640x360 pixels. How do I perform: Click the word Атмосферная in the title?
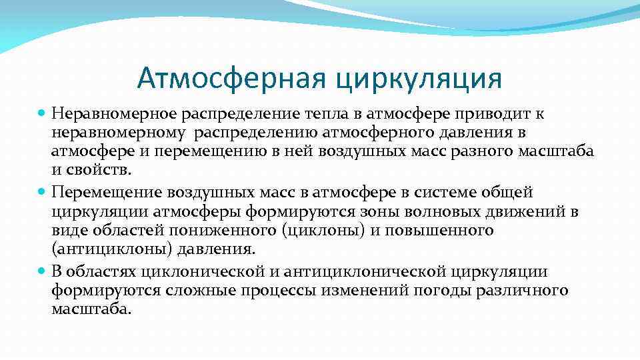(231, 78)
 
